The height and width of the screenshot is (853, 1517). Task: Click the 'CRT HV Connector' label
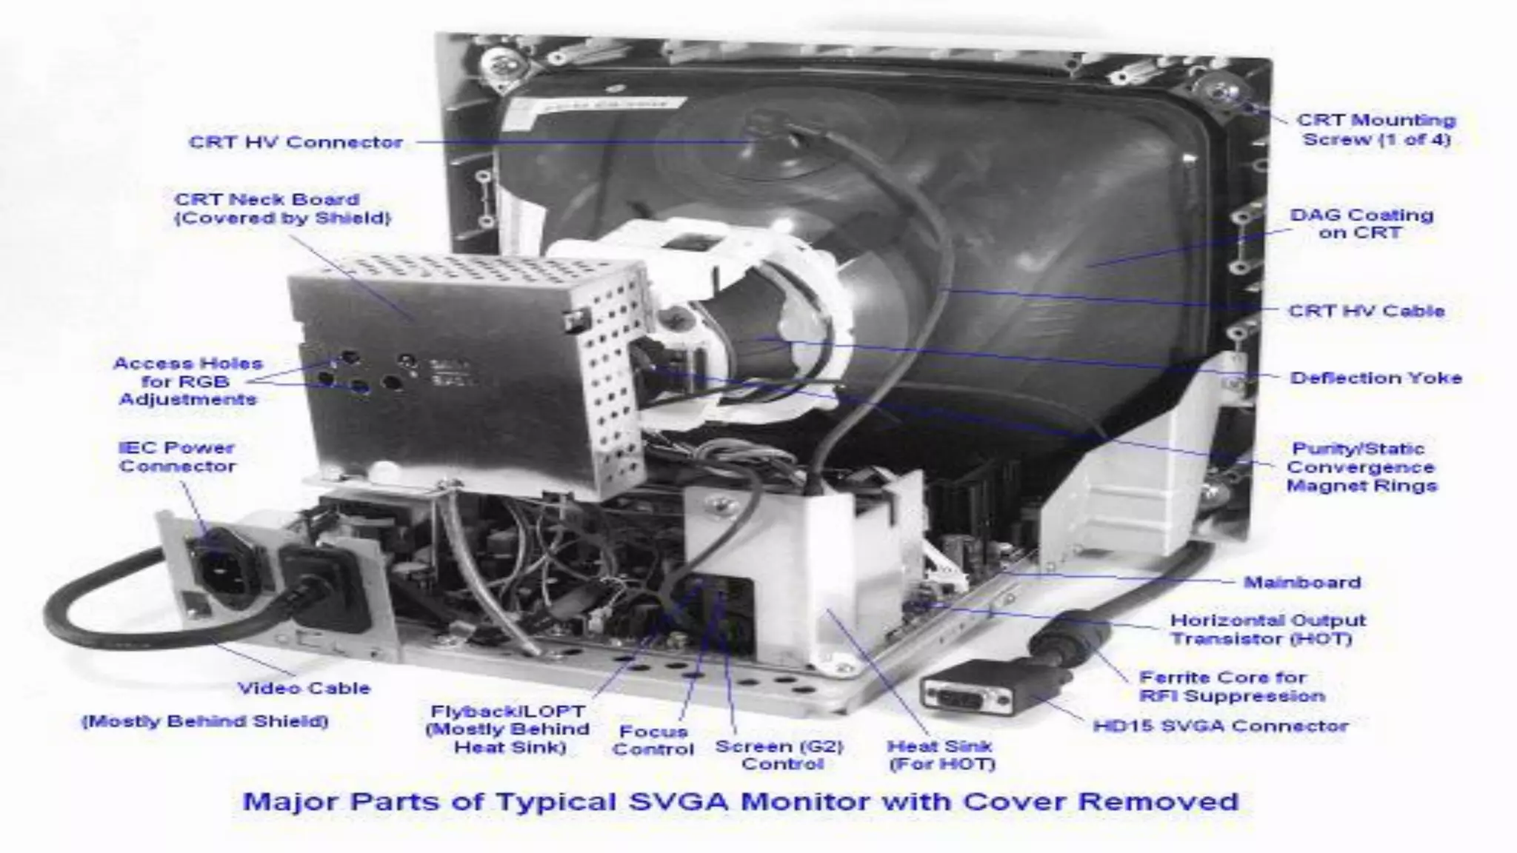click(296, 142)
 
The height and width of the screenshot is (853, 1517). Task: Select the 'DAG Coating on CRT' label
click(1361, 224)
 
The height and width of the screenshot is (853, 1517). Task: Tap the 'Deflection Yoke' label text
click(1376, 378)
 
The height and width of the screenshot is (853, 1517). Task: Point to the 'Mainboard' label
click(1302, 582)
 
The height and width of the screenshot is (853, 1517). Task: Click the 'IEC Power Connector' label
click(177, 457)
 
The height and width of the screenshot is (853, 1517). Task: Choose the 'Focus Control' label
click(653, 740)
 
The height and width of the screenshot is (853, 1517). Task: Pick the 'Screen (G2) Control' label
click(779, 755)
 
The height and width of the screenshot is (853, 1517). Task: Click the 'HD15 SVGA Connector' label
click(1221, 726)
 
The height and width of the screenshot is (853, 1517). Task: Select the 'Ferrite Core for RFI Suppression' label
click(1231, 686)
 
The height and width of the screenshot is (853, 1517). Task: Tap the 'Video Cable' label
click(304, 688)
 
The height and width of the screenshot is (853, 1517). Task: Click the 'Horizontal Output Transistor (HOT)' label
click(1267, 629)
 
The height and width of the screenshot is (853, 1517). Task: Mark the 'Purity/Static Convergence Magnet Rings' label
click(1361, 467)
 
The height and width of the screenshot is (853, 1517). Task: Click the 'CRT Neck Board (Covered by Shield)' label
click(282, 209)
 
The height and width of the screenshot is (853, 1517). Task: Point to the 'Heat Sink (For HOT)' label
click(941, 755)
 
